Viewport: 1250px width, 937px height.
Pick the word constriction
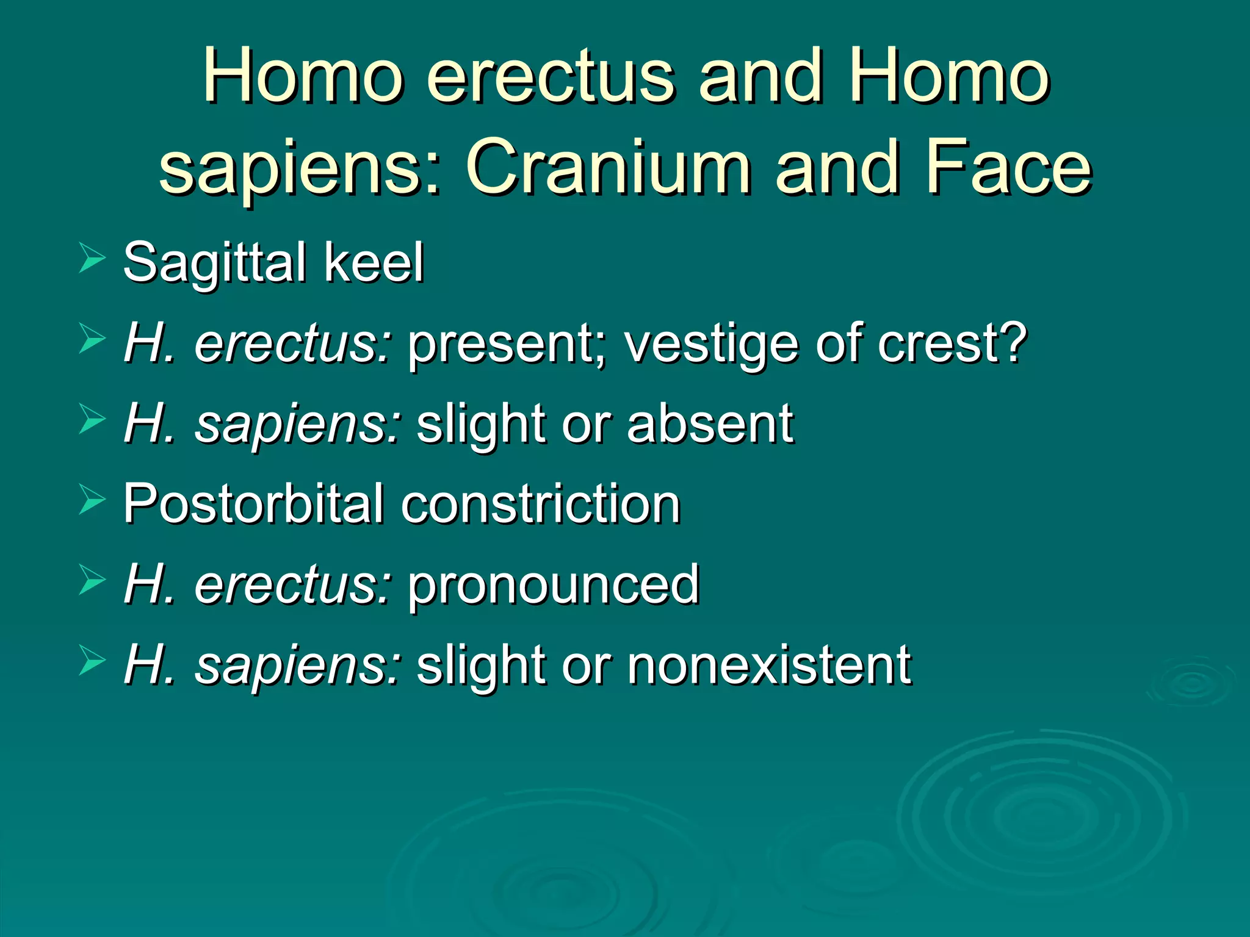[x=540, y=504]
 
